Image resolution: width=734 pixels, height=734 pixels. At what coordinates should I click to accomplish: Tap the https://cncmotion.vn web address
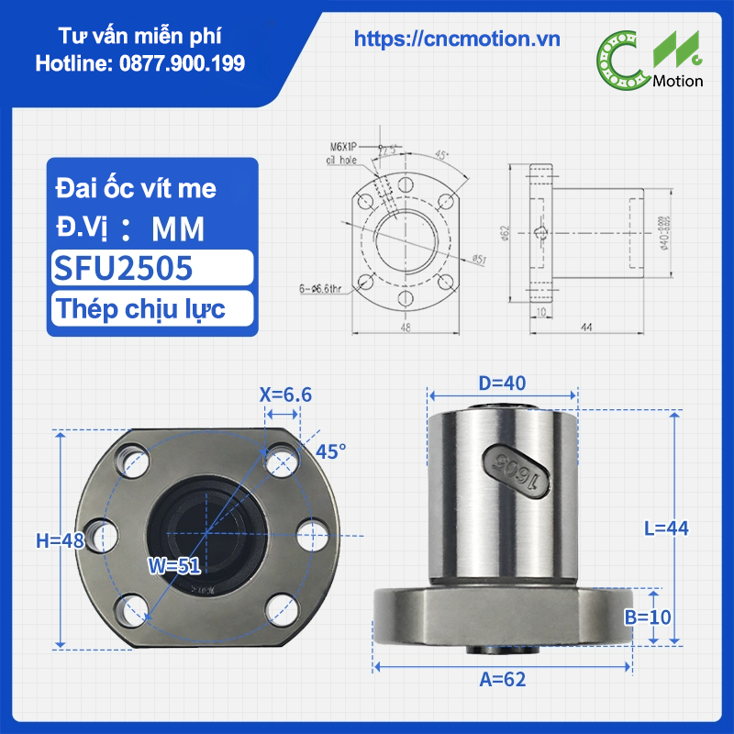click(457, 39)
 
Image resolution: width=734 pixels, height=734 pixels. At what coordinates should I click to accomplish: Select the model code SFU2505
click(123, 268)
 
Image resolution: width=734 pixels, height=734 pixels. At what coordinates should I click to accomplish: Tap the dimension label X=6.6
click(285, 395)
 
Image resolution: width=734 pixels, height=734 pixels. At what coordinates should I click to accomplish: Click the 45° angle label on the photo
click(331, 451)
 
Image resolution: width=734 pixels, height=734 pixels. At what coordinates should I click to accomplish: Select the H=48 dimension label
click(61, 541)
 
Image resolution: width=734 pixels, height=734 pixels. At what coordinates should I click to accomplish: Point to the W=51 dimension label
click(174, 566)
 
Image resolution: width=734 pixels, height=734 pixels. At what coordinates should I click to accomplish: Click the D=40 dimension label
click(502, 382)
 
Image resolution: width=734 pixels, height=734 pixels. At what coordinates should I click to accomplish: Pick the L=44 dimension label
click(665, 528)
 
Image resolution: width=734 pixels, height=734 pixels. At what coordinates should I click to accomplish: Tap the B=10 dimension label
click(648, 617)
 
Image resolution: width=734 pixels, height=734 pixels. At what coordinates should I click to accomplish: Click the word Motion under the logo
click(678, 81)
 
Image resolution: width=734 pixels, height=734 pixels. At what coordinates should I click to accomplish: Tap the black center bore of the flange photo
click(206, 529)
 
